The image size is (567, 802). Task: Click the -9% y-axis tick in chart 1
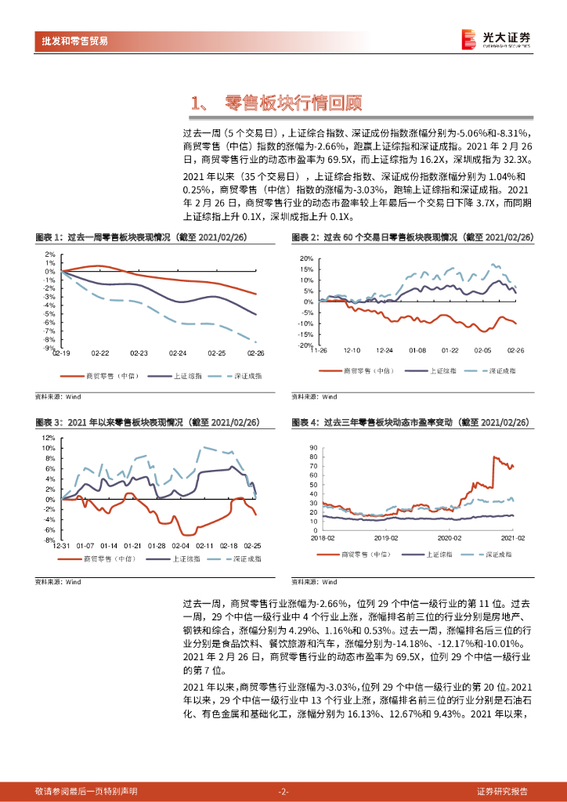tap(49, 349)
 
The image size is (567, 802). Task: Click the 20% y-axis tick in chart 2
tap(305, 258)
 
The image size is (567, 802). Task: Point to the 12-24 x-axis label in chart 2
tap(384, 351)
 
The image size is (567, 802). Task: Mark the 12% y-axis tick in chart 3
tap(49, 438)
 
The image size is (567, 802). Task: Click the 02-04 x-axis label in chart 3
tap(181, 545)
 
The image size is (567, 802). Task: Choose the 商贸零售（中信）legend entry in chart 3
tap(103, 559)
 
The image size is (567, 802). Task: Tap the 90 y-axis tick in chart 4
tap(313, 447)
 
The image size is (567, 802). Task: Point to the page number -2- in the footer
tap(283, 791)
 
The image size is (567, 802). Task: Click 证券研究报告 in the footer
tap(502, 791)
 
